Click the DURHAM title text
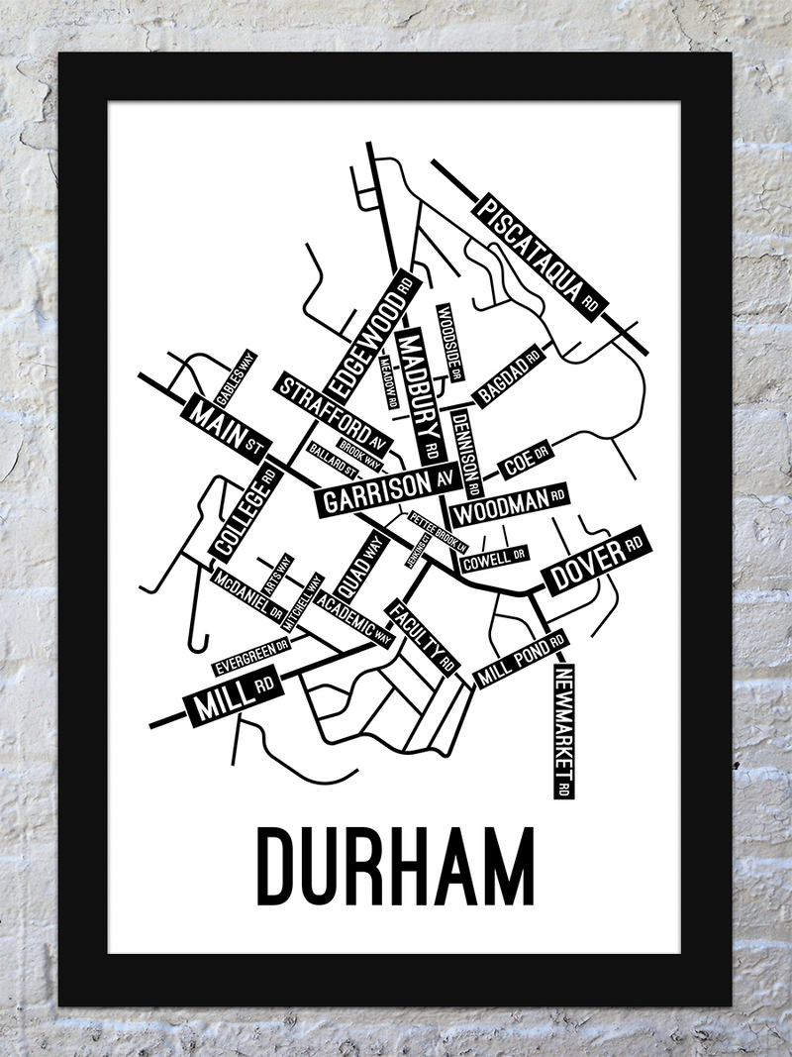click(x=395, y=865)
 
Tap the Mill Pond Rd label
click(x=521, y=661)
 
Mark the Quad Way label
click(x=360, y=571)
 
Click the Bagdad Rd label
click(x=509, y=375)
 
